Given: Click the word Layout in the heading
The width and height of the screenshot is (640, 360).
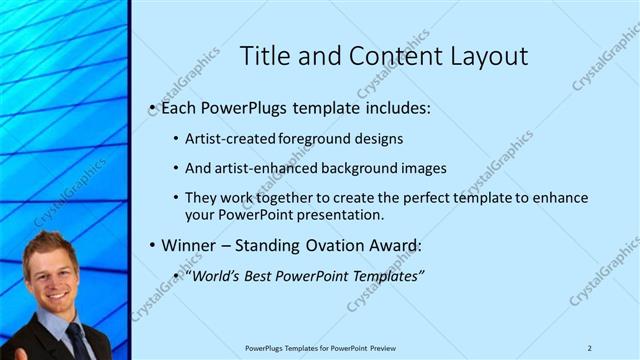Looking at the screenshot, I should click(489, 56).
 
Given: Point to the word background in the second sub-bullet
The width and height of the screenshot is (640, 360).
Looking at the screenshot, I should click(359, 169).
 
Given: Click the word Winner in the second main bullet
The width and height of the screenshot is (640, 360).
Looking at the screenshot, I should click(189, 245).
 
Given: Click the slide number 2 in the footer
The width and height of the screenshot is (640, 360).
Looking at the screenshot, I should click(590, 347).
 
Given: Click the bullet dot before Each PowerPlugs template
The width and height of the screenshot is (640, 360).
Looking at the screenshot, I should click(151, 107).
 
